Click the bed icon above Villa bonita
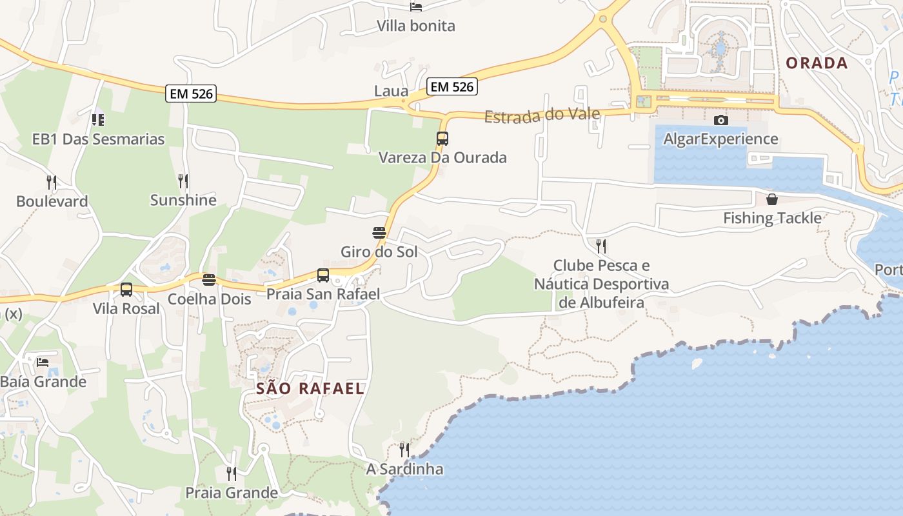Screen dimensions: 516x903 tap(416, 6)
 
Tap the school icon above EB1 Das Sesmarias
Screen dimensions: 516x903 tap(98, 119)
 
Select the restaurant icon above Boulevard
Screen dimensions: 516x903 tap(52, 182)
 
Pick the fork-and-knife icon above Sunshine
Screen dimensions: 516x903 tap(183, 181)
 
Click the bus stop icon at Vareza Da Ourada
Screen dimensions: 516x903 tap(442, 138)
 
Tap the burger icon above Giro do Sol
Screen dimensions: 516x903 tap(379, 232)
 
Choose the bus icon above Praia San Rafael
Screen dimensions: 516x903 tap(323, 275)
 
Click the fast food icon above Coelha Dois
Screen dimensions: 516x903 tap(209, 279)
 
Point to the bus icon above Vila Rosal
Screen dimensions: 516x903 tap(126, 290)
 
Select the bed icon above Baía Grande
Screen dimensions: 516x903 tap(43, 362)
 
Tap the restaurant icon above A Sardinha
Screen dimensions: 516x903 tap(404, 450)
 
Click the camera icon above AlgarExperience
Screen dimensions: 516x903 tap(721, 120)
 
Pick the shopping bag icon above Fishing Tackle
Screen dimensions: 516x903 tap(772, 199)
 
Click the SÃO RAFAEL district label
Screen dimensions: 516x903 tap(310, 388)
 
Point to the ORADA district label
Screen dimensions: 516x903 tap(817, 63)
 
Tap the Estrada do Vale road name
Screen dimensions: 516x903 tap(542, 115)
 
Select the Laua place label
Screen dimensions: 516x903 tap(391, 91)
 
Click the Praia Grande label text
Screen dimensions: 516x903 tap(232, 493)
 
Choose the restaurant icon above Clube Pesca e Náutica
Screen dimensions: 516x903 tap(601, 246)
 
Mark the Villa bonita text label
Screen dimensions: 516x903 tap(416, 26)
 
